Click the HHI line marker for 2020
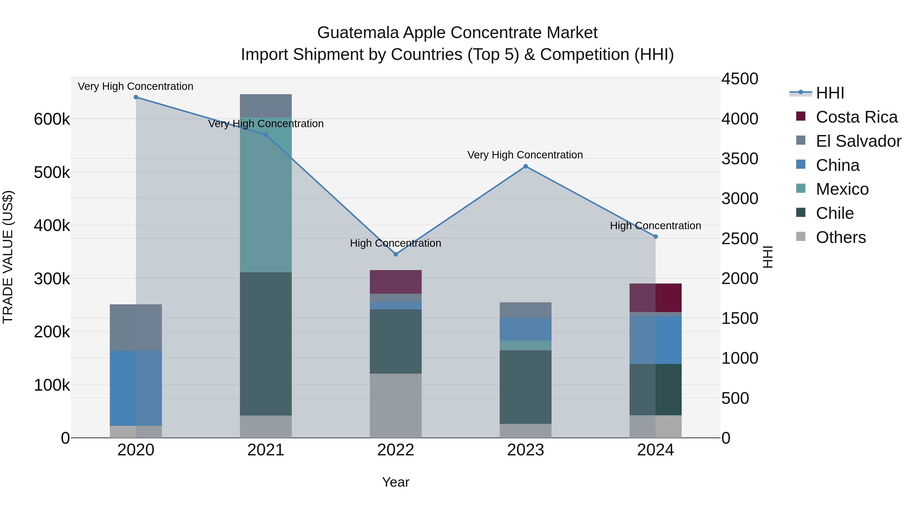tap(136, 97)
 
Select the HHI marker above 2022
tap(396, 254)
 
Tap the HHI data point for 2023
tap(526, 166)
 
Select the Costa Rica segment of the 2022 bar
tap(396, 282)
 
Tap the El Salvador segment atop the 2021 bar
tap(266, 106)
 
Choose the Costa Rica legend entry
tap(856, 117)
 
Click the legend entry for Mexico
tap(842, 189)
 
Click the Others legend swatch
tap(801, 237)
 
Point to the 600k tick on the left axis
tap(52, 119)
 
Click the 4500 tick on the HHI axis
tap(740, 79)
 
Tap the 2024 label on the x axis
tap(655, 450)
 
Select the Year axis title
tap(396, 482)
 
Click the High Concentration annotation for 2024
tap(655, 226)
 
